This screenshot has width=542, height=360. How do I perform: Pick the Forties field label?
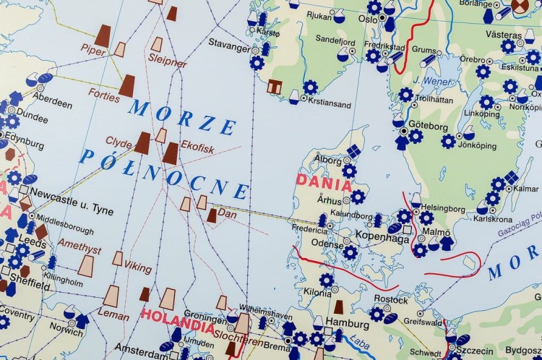point(104,94)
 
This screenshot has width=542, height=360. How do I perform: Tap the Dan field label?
point(227,214)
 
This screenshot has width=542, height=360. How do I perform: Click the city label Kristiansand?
point(329,104)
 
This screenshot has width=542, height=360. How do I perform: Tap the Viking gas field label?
point(137,266)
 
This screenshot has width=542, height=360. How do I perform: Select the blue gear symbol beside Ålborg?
point(349,171)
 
